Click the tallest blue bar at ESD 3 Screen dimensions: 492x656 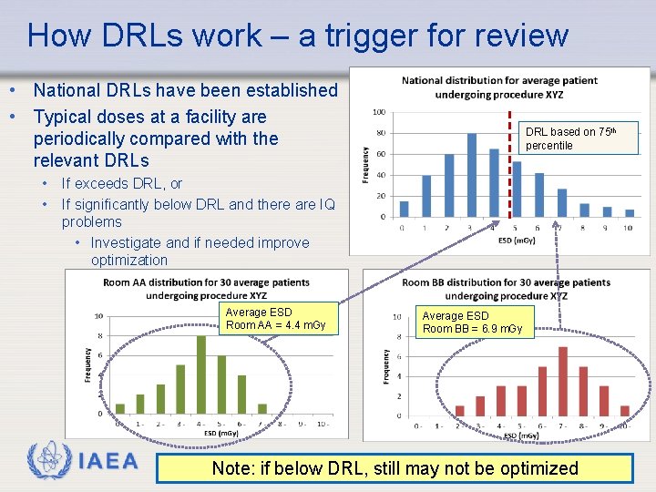coord(472,175)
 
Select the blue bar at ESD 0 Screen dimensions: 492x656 coord(405,209)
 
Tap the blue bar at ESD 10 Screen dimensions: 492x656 coord(629,213)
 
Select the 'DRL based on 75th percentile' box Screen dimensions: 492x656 coord(581,138)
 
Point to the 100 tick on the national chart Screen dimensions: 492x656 coord(378,113)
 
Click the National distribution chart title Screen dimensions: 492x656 coord(499,87)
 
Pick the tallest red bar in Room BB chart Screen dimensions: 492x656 coord(562,380)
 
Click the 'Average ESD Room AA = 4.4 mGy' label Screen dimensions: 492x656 coord(277,319)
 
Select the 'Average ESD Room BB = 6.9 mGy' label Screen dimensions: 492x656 coord(473,323)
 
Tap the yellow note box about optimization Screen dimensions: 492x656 coord(395,468)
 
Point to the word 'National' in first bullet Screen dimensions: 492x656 coord(68,90)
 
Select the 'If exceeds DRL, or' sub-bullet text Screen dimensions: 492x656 coord(121,184)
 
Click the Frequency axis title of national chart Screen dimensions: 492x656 coord(365,164)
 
